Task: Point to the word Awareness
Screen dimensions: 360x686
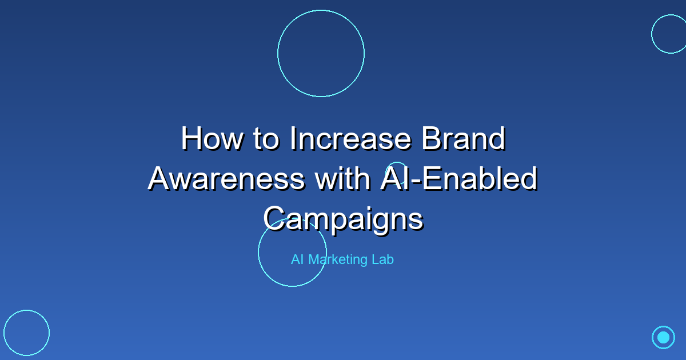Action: coord(226,179)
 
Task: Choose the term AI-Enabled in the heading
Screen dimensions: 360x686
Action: coord(458,179)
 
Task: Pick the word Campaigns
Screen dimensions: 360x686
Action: coord(343,218)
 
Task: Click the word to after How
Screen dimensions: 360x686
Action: coord(261,139)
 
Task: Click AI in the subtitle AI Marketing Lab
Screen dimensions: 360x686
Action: coord(297,259)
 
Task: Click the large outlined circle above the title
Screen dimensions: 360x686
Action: coord(321,53)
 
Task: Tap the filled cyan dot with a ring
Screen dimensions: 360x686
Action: coord(663,337)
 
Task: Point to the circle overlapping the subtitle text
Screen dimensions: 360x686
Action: coord(292,252)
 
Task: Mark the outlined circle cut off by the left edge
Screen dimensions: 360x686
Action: coord(26,333)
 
